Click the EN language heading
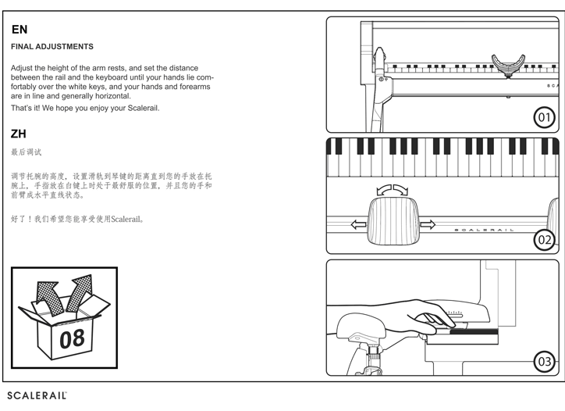coord(20,30)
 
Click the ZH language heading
coord(20,134)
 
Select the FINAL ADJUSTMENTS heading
coord(52,47)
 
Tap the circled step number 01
coord(545,118)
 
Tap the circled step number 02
coord(545,240)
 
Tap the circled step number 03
coord(545,361)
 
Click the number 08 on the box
coord(72,339)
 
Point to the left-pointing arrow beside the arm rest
coord(359,225)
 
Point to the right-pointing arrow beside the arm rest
coord(427,225)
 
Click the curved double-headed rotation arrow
coord(392,190)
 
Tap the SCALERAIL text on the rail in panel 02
coord(485,230)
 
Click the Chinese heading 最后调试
coord(27,152)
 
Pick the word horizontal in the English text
coord(111,96)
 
